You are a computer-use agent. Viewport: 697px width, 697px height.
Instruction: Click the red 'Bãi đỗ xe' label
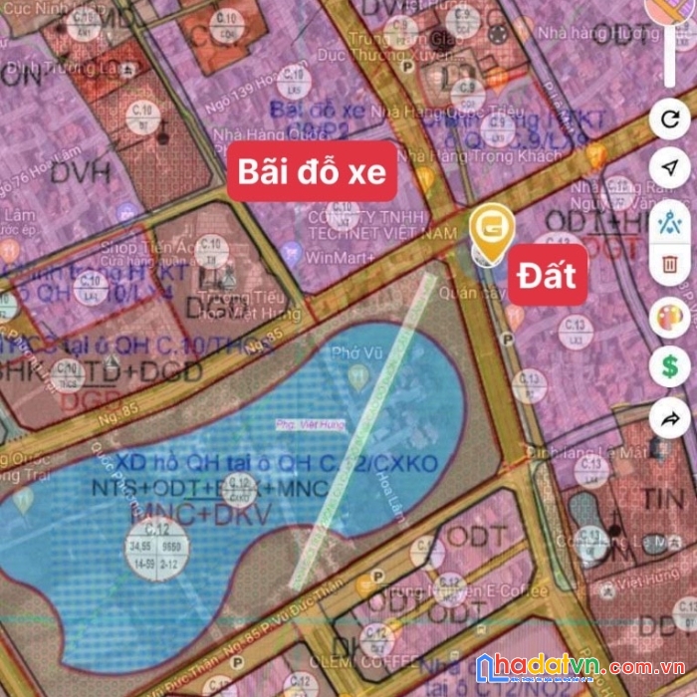click(312, 172)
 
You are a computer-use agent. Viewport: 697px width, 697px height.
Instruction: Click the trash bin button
click(669, 265)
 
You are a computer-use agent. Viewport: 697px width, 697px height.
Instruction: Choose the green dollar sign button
click(669, 365)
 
